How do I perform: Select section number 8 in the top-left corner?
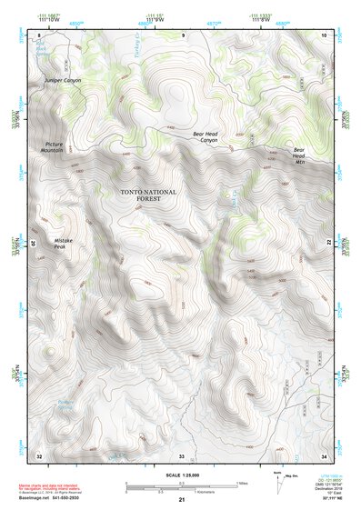coord(39,35)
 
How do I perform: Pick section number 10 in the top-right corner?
coord(324,35)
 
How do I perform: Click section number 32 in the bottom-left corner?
coord(38,455)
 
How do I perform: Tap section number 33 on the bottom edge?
coord(182,455)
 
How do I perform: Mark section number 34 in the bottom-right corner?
coord(325,455)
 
